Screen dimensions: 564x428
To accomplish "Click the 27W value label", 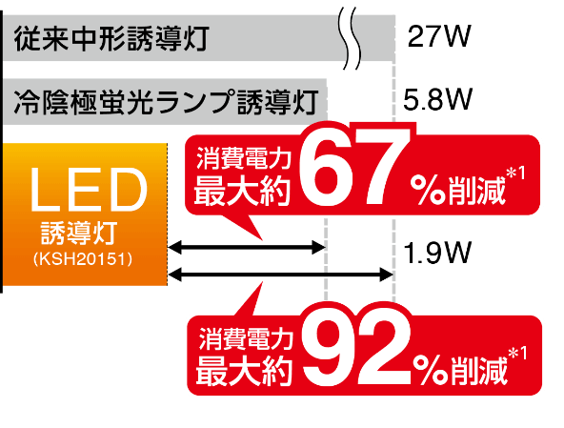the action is point(439,36).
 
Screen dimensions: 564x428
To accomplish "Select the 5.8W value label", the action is point(437,99).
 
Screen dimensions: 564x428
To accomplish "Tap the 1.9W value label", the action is point(437,253).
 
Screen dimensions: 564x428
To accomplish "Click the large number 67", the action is point(354,168).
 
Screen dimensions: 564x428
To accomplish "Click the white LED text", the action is point(88,190).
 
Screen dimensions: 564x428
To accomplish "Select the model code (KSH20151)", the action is point(83,259).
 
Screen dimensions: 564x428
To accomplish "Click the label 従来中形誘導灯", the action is point(111,38).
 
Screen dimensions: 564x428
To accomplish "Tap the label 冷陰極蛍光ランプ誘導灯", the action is point(166,102).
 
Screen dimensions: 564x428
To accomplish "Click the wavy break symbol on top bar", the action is point(350,38).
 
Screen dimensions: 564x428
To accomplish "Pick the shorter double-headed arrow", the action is point(247,247).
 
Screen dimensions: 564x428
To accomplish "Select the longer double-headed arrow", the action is point(280,275).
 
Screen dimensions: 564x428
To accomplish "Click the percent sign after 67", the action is point(427,191).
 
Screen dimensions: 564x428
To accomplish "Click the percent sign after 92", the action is point(430,371).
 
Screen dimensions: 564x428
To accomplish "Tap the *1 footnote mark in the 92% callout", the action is point(517,354).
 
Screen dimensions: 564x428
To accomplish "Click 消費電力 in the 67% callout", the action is point(244,158).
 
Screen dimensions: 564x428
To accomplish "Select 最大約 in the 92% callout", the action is point(244,371).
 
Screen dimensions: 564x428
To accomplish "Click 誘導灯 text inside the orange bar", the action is point(79,233).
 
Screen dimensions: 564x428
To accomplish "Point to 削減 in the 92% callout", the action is point(478,371).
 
